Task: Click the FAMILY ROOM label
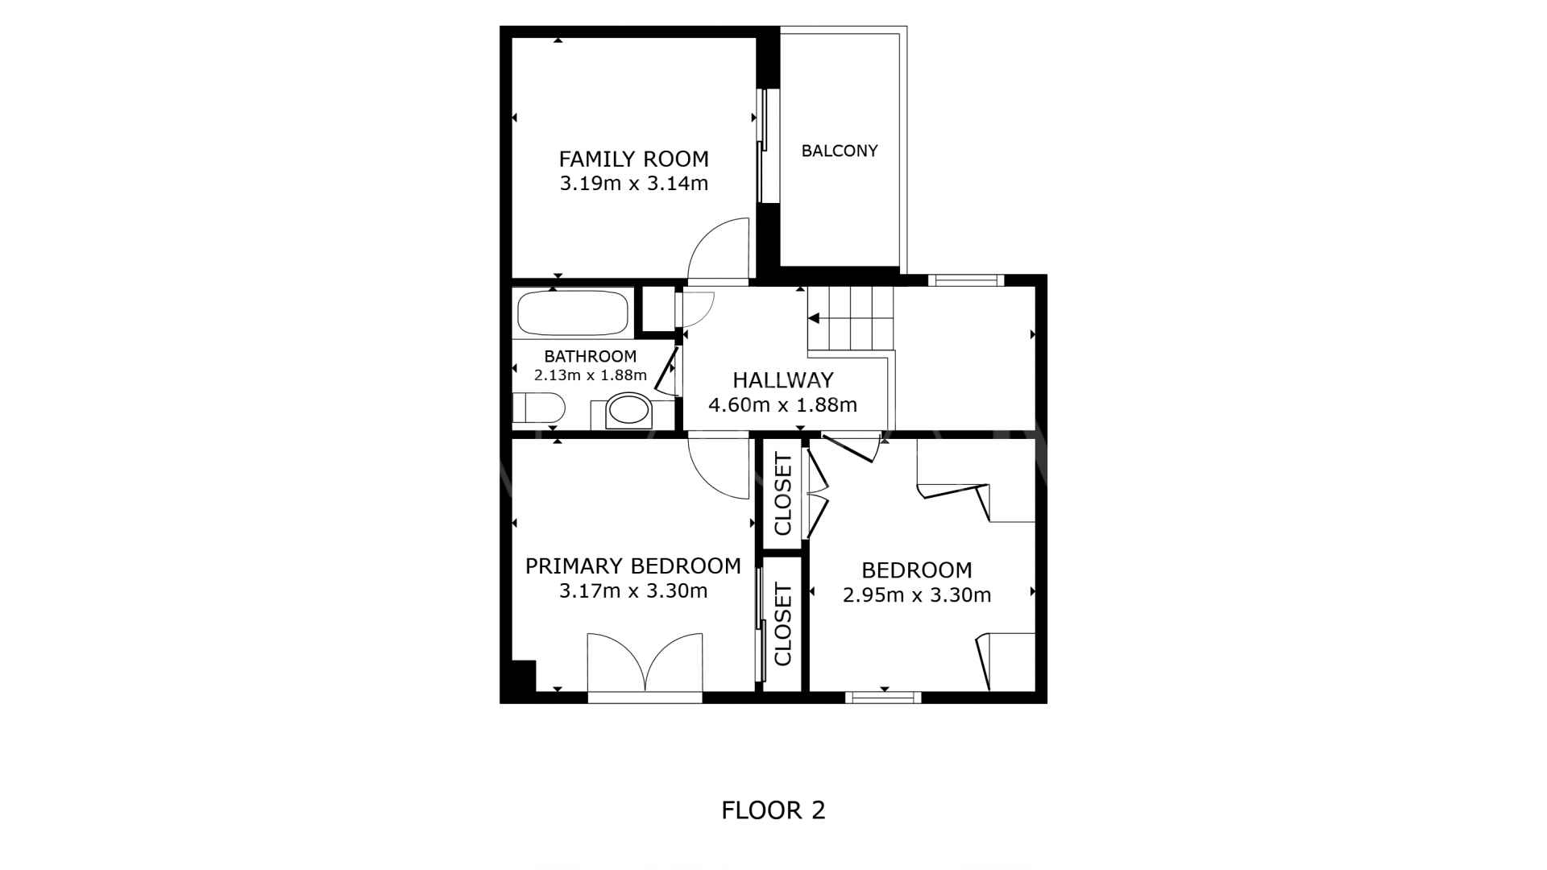pos(633,159)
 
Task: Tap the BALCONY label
pos(839,151)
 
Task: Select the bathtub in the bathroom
pos(573,313)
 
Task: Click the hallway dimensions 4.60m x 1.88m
pos(782,405)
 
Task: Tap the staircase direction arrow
pos(814,318)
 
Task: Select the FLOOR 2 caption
pos(773,810)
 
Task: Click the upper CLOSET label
pos(783,494)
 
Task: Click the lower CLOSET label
pos(783,625)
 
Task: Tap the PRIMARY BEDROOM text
pos(632,566)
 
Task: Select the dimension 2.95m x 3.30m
pos(916,595)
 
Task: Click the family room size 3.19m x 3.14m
pos(633,184)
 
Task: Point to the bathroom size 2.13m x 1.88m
pos(590,375)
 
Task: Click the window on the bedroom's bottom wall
pos(883,697)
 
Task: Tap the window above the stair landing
pos(965,280)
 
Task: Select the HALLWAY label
pos(782,380)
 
